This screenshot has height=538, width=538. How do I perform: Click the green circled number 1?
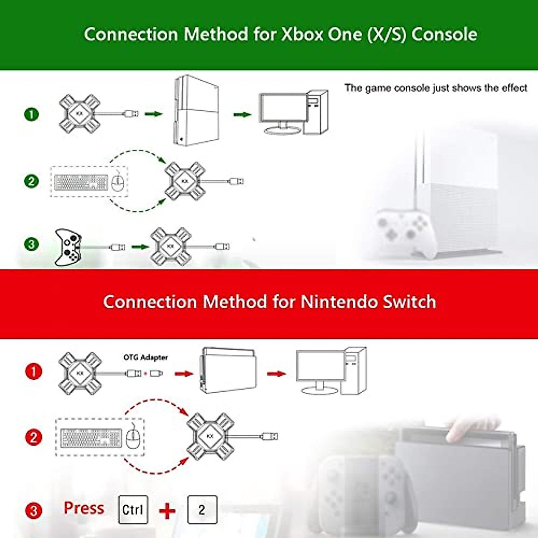31,114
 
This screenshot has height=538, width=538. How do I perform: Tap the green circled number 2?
31,181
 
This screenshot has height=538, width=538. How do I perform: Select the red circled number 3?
34,510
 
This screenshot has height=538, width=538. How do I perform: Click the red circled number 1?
34,371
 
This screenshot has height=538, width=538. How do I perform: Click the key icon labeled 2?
202,509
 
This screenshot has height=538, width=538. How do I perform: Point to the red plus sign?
167,511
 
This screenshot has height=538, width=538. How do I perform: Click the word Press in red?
84,508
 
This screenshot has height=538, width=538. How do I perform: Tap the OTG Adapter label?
146,357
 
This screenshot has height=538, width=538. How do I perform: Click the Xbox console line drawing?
196,110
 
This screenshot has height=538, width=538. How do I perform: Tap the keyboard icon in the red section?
91,438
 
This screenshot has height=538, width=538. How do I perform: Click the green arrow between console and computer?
242,115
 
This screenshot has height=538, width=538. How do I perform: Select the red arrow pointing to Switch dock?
183,373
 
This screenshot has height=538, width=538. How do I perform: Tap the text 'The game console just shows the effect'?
435,88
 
